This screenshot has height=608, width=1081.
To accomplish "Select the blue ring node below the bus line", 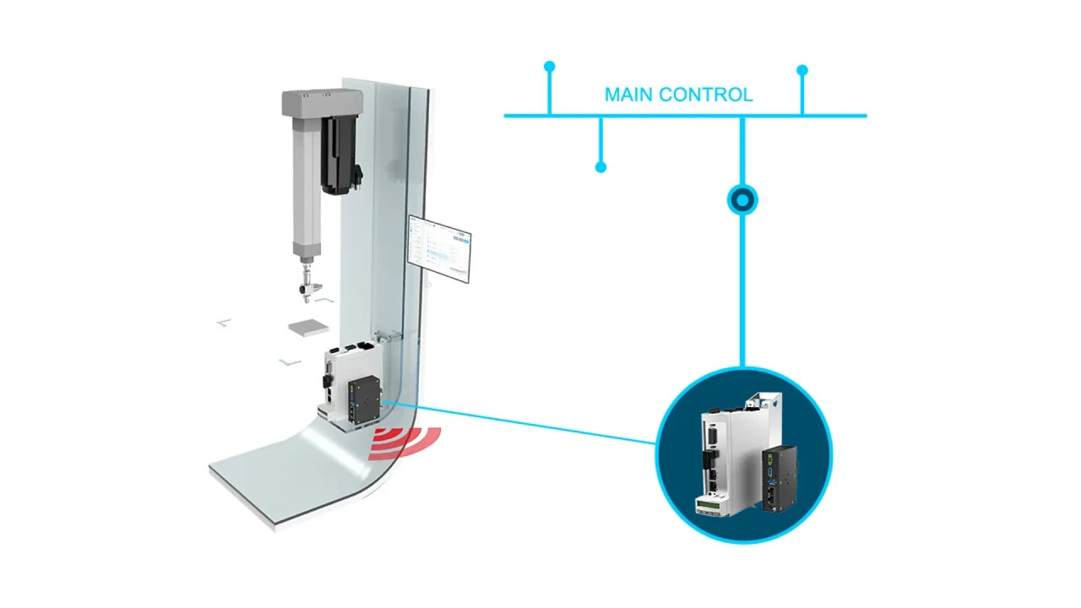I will [742, 200].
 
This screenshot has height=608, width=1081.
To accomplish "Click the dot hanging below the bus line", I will [600, 167].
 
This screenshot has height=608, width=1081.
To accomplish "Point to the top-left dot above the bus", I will [550, 66].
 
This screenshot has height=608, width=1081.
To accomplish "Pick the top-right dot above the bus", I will [802, 70].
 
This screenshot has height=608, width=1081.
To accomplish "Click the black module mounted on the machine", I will [366, 401].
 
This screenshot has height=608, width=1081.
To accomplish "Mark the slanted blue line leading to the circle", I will [524, 423].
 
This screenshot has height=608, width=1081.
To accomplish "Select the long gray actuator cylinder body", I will [304, 186].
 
